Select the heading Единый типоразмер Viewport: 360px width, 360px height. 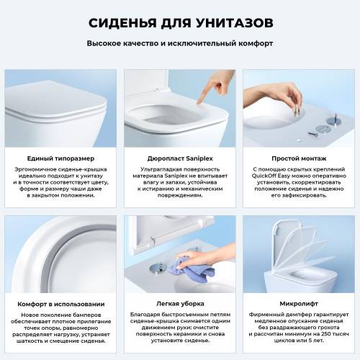[60, 158]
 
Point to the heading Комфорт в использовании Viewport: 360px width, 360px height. [60, 304]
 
